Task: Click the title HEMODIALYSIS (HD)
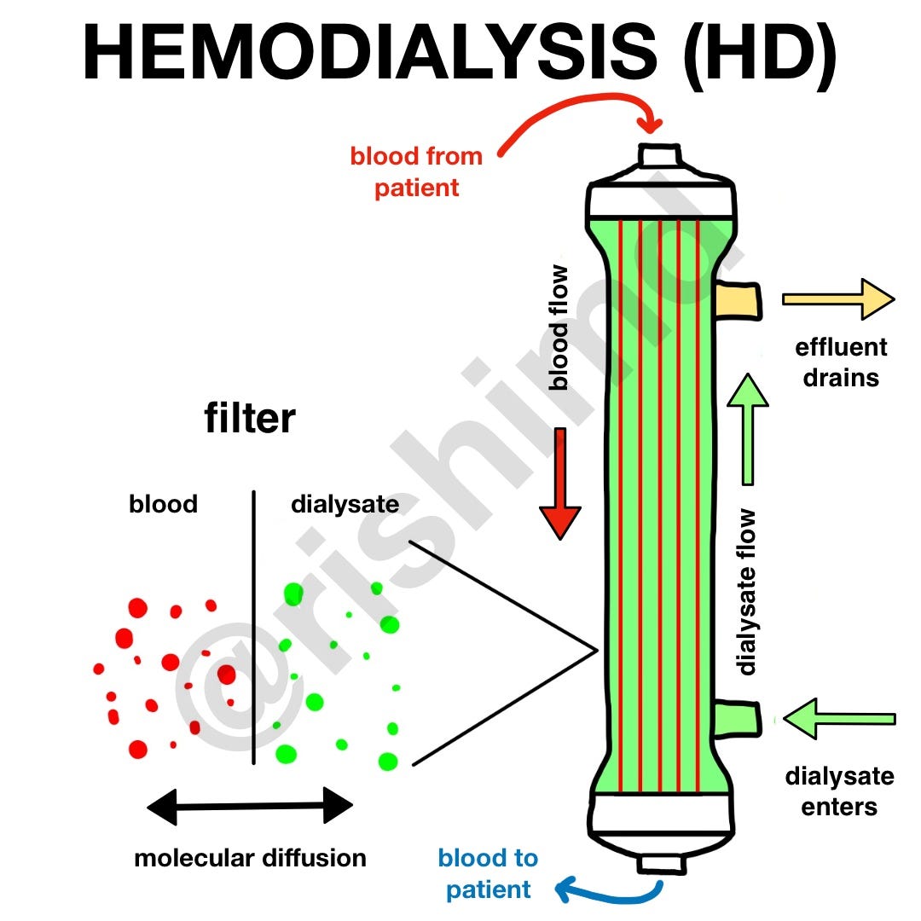[x=460, y=53]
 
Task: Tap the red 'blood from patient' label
[x=416, y=171]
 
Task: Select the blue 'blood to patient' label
[x=488, y=874]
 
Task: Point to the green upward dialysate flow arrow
[x=748, y=426]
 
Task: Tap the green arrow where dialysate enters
[x=840, y=719]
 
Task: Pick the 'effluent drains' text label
[x=841, y=362]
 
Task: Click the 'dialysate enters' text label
[x=839, y=791]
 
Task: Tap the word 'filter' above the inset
[x=250, y=419]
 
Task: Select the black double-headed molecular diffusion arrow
[x=250, y=806]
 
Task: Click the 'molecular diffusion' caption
[x=250, y=857]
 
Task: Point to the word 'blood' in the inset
[x=163, y=504]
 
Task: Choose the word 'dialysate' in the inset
[x=345, y=504]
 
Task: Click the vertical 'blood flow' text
[x=559, y=327]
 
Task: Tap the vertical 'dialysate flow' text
[x=748, y=592]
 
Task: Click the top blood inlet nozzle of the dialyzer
[x=660, y=157]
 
